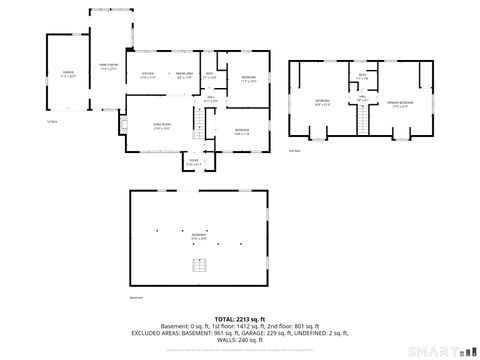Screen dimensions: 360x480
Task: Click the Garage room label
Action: (67, 74)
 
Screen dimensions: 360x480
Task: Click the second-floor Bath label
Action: (360, 77)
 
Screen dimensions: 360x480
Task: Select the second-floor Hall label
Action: (361, 98)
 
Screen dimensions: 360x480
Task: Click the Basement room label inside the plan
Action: (199, 238)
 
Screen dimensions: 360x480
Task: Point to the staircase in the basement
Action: (200, 265)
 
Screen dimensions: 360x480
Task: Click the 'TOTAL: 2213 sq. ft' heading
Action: (239, 319)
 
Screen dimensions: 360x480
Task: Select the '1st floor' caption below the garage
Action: (50, 122)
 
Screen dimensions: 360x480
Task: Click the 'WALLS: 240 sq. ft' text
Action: (239, 342)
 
